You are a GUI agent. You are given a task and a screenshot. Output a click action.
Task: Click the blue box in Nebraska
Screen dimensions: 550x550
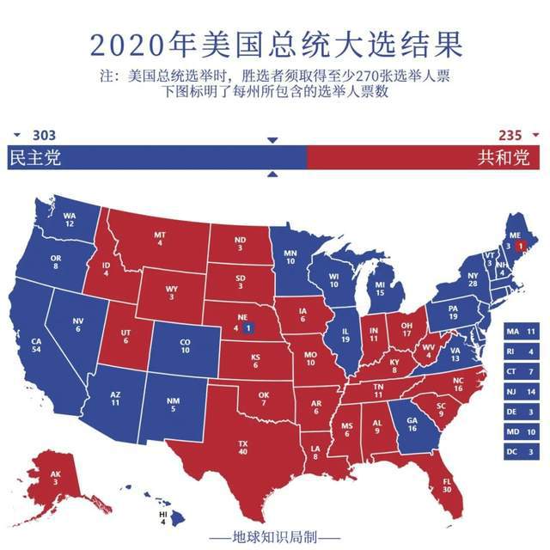point(247,327)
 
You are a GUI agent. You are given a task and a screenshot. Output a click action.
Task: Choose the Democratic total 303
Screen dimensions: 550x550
point(44,135)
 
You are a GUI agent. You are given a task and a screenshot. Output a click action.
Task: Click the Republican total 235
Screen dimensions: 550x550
point(510,135)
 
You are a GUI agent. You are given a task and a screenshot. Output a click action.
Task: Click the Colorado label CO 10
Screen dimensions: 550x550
point(185,346)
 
